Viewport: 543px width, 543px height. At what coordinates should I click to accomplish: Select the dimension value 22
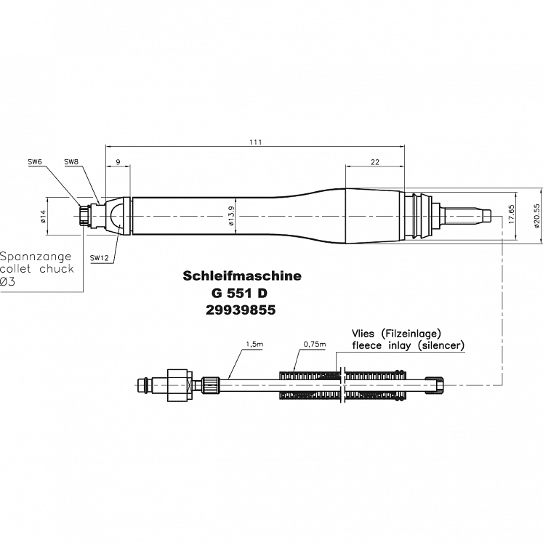click(x=375, y=163)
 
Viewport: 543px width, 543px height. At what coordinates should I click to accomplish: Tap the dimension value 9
click(x=117, y=163)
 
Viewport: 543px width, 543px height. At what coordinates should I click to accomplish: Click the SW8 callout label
click(x=71, y=161)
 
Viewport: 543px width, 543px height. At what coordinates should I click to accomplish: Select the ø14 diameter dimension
click(x=42, y=216)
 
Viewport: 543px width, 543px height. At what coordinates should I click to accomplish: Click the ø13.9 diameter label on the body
click(x=230, y=216)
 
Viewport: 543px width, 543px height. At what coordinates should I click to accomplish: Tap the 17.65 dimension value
click(x=511, y=217)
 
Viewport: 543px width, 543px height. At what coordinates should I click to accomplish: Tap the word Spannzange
click(x=34, y=257)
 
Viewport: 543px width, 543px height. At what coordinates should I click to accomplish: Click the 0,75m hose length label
click(x=314, y=343)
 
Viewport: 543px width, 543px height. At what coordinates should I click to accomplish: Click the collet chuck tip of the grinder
click(x=87, y=216)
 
